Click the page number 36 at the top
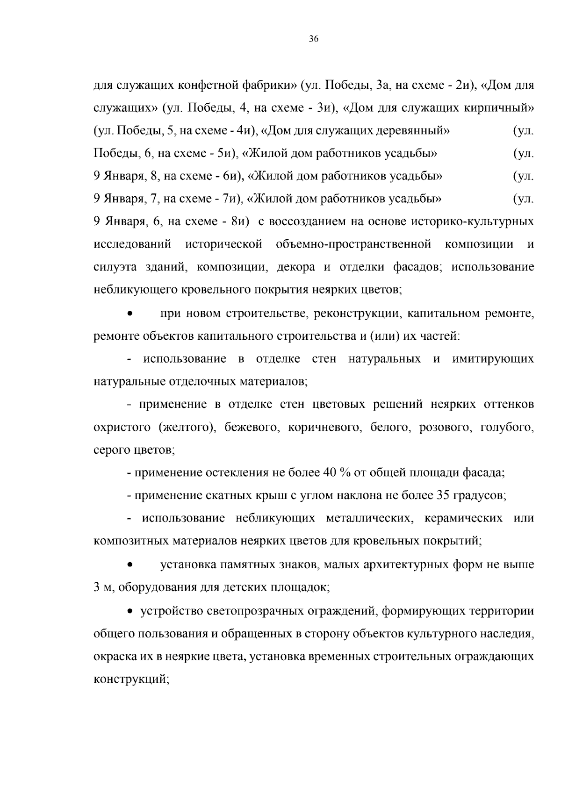(314, 39)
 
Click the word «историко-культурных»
(473, 221)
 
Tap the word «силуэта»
(115, 267)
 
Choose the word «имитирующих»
(493, 359)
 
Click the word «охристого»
(122, 427)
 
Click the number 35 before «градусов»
(443, 495)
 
